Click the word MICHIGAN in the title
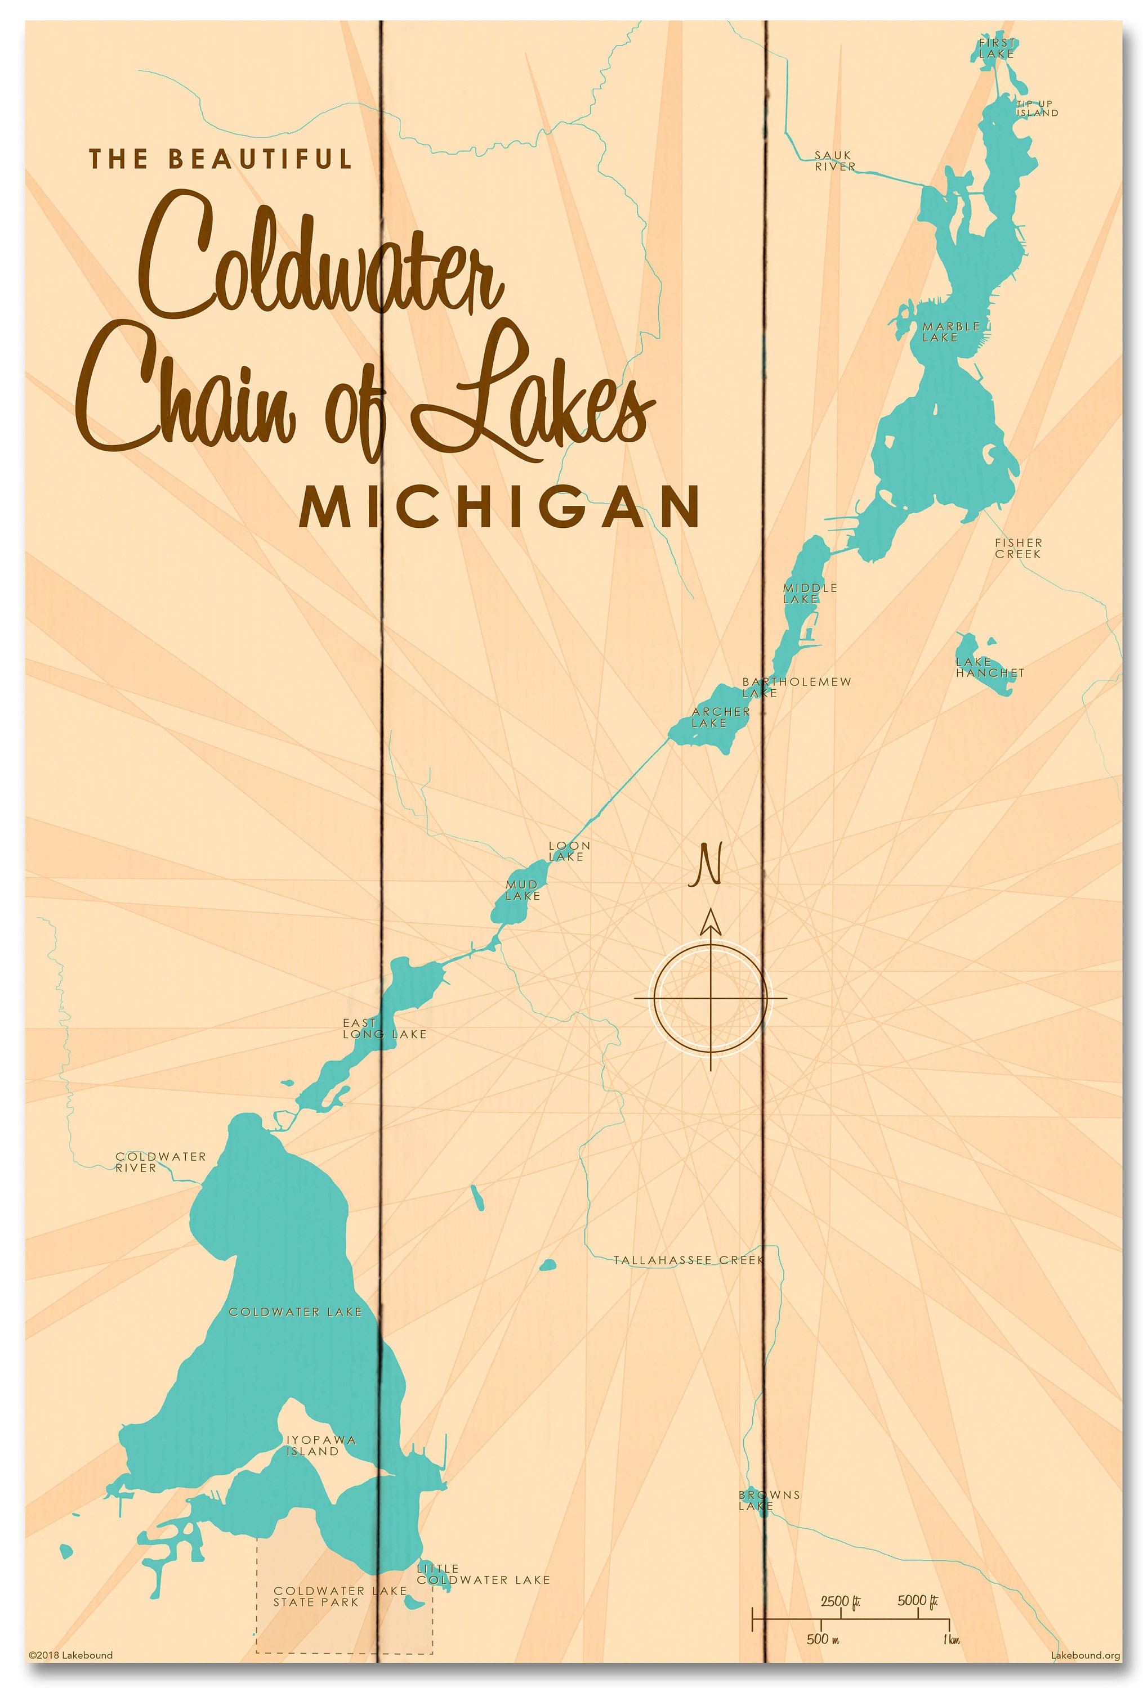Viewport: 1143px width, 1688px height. tap(499, 507)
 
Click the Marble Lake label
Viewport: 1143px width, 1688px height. tap(950, 332)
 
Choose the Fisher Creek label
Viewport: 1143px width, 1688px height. tap(1017, 547)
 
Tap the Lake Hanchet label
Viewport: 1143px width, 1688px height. tap(989, 667)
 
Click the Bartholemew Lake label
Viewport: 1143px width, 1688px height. tap(795, 686)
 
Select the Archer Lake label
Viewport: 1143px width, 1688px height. tap(720, 717)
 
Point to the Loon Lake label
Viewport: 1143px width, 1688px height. tap(568, 851)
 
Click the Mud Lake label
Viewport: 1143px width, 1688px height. tap(522, 890)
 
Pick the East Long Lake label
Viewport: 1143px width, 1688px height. tap(383, 1028)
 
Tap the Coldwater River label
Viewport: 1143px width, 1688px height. tap(160, 1161)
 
